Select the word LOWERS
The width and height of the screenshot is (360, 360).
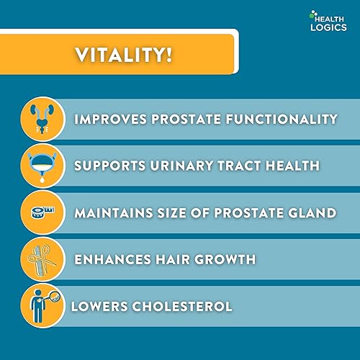(95, 306)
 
